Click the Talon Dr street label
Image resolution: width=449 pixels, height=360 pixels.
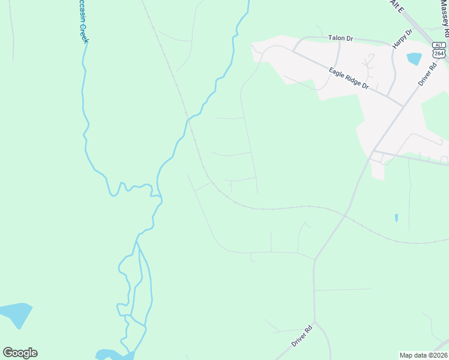tap(340, 38)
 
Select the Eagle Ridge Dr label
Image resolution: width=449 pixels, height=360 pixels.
tap(348, 77)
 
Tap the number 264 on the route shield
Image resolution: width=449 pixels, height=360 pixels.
tap(439, 53)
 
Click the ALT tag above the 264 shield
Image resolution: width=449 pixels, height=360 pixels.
tap(439, 45)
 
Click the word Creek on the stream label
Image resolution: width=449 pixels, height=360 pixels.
tap(83, 30)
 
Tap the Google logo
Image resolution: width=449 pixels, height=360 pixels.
tap(20, 353)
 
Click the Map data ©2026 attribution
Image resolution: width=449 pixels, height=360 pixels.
tap(423, 355)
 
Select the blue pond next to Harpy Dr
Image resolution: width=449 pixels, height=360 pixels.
tap(414, 59)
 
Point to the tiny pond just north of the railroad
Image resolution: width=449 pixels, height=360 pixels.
tap(396, 218)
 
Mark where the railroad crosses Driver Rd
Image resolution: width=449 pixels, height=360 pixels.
tap(346, 214)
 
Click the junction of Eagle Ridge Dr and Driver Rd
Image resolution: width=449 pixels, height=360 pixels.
tap(403, 106)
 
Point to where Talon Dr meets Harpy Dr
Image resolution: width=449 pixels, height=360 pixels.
tap(393, 44)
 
